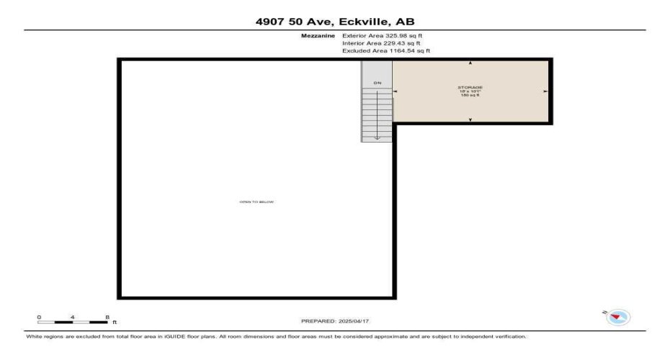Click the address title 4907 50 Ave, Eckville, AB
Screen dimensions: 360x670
[x=335, y=22]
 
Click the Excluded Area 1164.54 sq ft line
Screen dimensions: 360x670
[x=386, y=51]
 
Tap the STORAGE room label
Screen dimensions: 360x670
[x=470, y=88]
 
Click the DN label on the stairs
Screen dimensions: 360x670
[x=377, y=84]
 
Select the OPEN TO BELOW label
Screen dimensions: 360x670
[x=256, y=202]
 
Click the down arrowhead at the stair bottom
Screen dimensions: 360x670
[x=377, y=137]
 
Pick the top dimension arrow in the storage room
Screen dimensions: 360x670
[x=470, y=63]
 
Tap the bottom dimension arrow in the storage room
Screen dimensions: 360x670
[x=470, y=120]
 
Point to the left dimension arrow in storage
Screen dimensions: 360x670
[x=395, y=91]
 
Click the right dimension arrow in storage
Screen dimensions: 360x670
[x=545, y=91]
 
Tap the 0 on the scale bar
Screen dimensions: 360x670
[x=40, y=317]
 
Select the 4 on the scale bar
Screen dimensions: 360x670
[x=73, y=317]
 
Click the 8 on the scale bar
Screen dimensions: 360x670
[x=107, y=317]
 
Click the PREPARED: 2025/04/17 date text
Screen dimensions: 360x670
[x=334, y=320]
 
